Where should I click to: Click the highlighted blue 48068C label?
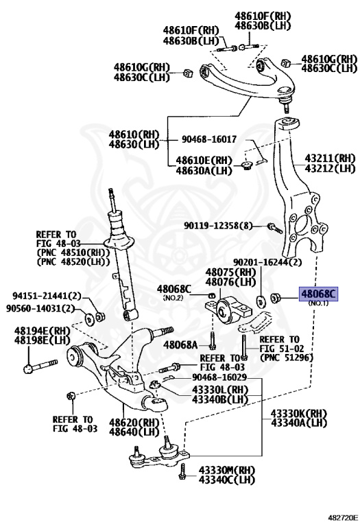coord(317,294)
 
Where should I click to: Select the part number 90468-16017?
coord(208,139)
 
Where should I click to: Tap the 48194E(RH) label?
coord(43,330)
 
